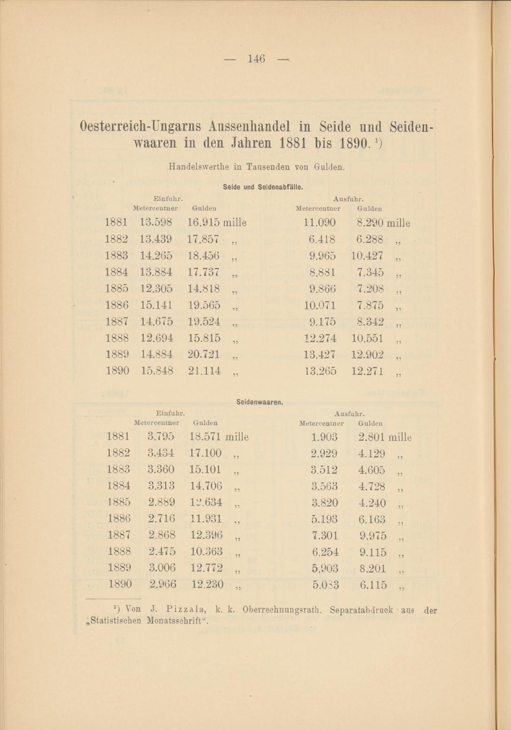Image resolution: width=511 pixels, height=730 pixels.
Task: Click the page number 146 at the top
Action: click(256, 59)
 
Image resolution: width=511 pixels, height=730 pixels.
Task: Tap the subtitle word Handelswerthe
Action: click(199, 167)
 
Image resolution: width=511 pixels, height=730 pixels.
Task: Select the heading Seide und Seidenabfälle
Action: click(263, 187)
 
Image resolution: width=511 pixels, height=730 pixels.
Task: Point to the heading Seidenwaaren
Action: click(260, 402)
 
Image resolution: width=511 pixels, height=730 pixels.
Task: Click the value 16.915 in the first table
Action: click(203, 223)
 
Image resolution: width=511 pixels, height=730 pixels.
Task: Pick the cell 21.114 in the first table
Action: click(204, 371)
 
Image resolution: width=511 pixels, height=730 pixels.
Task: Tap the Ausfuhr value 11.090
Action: click(319, 223)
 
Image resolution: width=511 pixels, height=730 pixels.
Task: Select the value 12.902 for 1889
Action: click(367, 355)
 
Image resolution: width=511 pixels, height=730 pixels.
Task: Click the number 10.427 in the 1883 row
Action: click(367, 255)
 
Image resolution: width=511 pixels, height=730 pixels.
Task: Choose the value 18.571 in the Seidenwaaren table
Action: click(205, 437)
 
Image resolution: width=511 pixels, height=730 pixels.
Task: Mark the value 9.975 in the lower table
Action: click(373, 536)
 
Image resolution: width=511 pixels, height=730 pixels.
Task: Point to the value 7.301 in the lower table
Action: click(324, 536)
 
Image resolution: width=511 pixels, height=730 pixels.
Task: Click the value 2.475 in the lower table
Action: click(162, 552)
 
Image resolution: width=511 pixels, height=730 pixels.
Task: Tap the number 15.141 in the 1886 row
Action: click(156, 305)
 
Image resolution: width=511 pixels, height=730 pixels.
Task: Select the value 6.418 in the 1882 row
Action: click(322, 239)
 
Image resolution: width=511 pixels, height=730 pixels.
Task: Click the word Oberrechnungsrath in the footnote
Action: click(283, 609)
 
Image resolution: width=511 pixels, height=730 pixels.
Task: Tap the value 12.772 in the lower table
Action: click(206, 568)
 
